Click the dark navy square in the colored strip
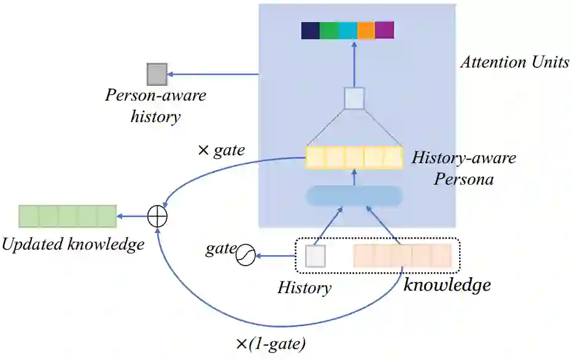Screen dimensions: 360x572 (310, 30)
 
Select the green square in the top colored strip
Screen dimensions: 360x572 (328, 30)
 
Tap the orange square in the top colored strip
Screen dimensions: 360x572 (366, 30)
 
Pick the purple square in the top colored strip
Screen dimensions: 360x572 (384, 30)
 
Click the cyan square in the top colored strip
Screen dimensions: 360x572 (347, 30)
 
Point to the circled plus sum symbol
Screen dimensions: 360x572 (158, 216)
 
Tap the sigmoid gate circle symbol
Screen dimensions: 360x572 (246, 255)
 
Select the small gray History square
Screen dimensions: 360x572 (315, 256)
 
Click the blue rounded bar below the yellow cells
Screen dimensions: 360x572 (354, 196)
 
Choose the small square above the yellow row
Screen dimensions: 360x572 (354, 98)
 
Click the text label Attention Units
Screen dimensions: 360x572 (515, 63)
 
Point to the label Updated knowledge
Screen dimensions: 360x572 (72, 244)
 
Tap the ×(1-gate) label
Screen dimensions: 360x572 (270, 344)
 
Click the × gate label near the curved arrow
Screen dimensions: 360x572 (222, 149)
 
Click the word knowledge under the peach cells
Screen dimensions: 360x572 (447, 285)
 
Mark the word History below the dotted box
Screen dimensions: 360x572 (304, 287)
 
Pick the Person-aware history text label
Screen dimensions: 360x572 (155, 105)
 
